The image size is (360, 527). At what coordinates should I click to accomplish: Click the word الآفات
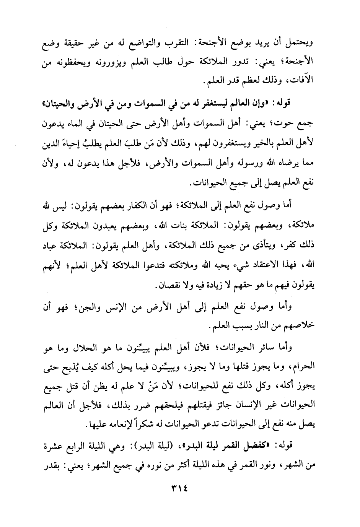point(301,81)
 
